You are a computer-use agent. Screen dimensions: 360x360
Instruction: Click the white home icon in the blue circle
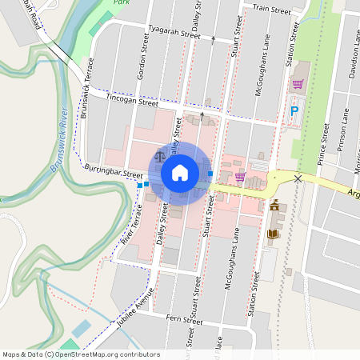coord(180,172)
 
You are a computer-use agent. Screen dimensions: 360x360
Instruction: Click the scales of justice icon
coord(161,157)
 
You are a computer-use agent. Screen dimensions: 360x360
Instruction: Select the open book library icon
coord(272,233)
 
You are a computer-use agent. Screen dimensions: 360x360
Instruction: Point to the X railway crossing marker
coord(298,178)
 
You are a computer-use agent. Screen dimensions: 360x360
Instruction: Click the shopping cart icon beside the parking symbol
coord(298,83)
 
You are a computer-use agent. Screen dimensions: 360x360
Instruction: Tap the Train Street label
coord(271,10)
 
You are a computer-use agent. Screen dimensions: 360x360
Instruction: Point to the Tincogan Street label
coord(133,99)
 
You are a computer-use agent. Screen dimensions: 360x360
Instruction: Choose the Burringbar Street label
coord(113,172)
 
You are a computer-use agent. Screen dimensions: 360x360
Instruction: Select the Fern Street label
coord(179,319)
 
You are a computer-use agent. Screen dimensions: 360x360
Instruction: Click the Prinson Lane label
coord(342,132)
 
